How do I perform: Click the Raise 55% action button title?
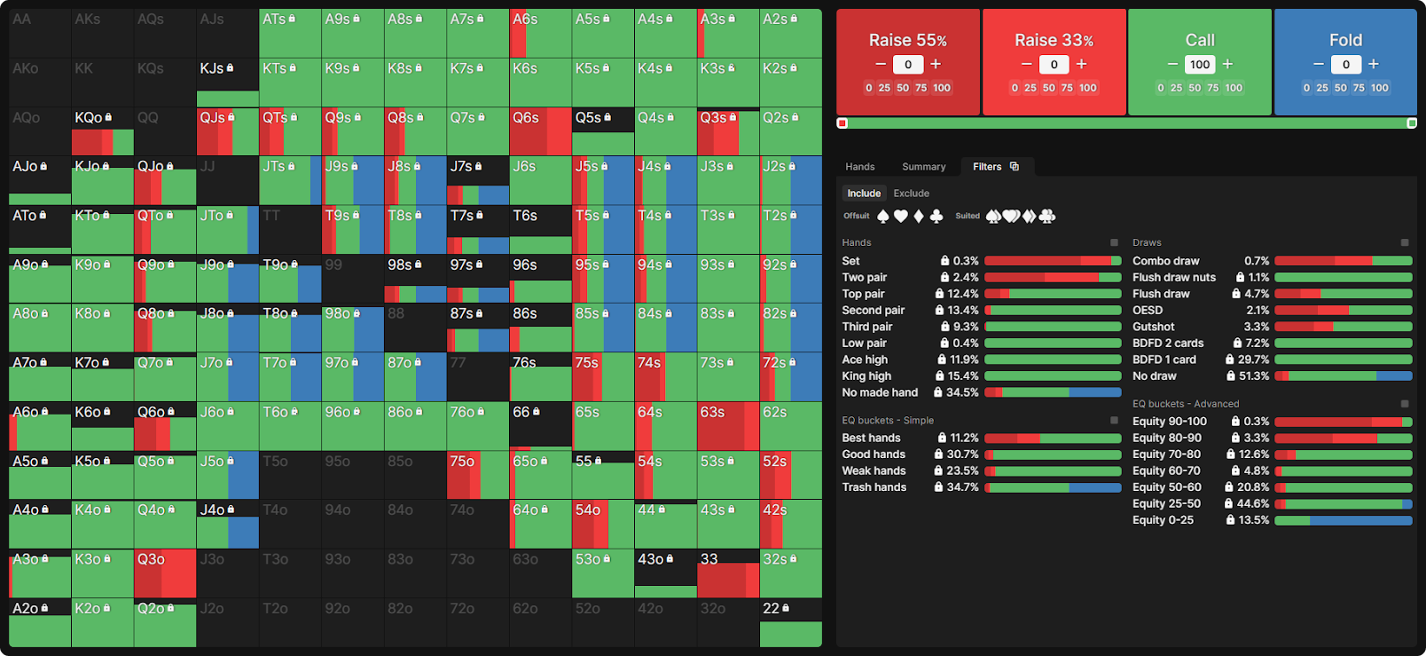pyautogui.click(x=907, y=40)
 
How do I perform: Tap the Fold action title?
pyautogui.click(x=1345, y=40)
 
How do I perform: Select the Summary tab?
pyautogui.click(x=923, y=167)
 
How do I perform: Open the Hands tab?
pyautogui.click(x=859, y=167)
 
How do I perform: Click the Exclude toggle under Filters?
pyautogui.click(x=911, y=194)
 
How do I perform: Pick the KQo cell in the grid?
pyautogui.click(x=102, y=131)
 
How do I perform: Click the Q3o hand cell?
pyautogui.click(x=165, y=573)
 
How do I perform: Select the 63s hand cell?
pyautogui.click(x=728, y=426)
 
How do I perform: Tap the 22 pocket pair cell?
pyautogui.click(x=790, y=622)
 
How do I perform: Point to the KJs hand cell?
pyautogui.click(x=227, y=82)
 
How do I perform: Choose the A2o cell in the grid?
pyautogui.click(x=40, y=622)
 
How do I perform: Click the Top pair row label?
pyautogui.click(x=863, y=294)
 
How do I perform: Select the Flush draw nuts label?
pyautogui.click(x=1173, y=277)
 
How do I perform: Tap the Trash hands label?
pyautogui.click(x=874, y=487)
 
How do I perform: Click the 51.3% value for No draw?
pyautogui.click(x=1253, y=376)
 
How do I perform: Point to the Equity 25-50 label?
pyautogui.click(x=1166, y=503)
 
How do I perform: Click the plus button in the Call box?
pyautogui.click(x=1227, y=64)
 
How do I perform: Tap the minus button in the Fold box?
pyautogui.click(x=1318, y=64)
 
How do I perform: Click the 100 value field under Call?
pyautogui.click(x=1200, y=64)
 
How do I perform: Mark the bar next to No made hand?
pyautogui.click(x=1053, y=392)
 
